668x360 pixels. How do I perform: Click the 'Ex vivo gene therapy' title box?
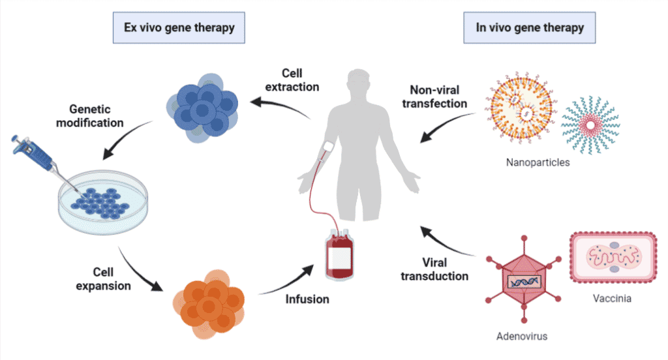[x=179, y=28]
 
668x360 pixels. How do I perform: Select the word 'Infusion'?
[x=307, y=300]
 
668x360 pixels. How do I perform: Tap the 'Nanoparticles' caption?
[x=538, y=162]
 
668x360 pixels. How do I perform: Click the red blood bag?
[x=339, y=254]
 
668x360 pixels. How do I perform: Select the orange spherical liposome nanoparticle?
[x=521, y=112]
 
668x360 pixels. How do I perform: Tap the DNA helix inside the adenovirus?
[x=524, y=282]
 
